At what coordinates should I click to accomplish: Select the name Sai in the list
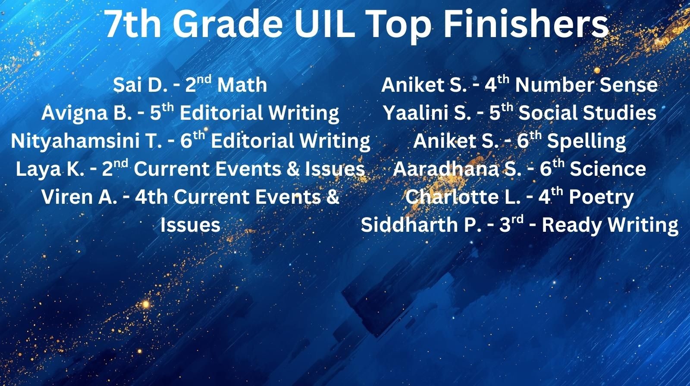127,85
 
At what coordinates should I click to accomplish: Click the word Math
242,85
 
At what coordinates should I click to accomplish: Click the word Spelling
586,141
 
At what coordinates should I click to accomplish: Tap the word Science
608,169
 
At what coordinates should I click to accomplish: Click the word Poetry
601,197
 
